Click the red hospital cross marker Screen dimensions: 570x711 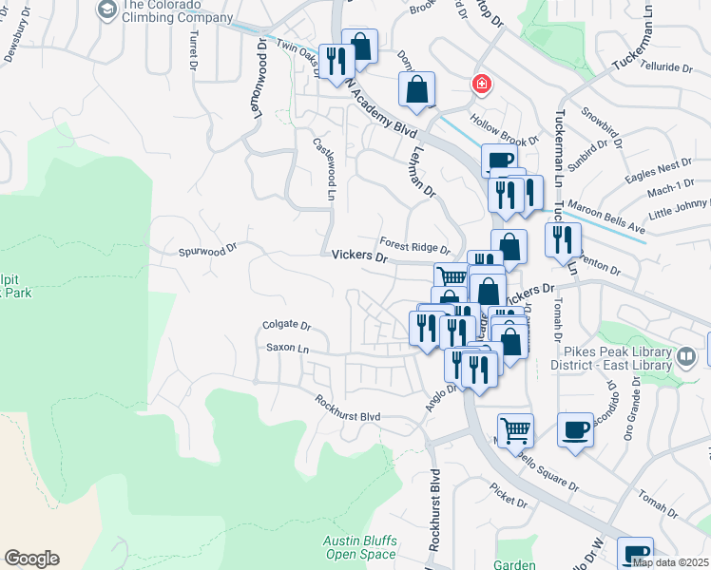482,85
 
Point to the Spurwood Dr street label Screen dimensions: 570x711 206,253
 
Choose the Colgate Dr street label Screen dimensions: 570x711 286,325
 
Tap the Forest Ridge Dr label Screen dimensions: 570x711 413,244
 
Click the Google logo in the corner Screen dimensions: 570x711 31,559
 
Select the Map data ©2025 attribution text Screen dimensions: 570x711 670,562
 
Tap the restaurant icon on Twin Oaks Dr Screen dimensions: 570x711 336,62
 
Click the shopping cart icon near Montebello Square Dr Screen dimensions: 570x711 515,429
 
